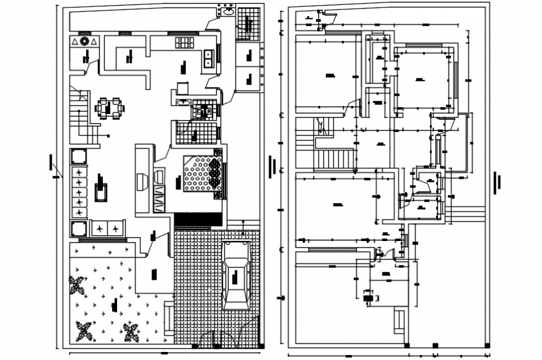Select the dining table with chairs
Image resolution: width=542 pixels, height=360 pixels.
point(109,108)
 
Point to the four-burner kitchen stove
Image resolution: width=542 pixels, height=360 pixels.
point(186,43)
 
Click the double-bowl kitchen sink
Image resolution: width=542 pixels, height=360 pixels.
point(209,58)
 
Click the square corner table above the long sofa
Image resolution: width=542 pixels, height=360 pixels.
point(79,156)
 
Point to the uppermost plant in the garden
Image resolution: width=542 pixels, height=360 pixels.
point(78,287)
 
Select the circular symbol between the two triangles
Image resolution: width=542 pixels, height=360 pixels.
point(84,42)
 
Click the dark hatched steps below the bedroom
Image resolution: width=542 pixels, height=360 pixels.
point(197,220)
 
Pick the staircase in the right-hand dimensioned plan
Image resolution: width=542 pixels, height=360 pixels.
point(335,159)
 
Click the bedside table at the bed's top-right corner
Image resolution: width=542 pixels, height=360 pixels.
point(217,153)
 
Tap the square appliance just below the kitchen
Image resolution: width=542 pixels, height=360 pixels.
point(183,88)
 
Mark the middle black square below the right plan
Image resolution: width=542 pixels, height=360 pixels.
point(435,345)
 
